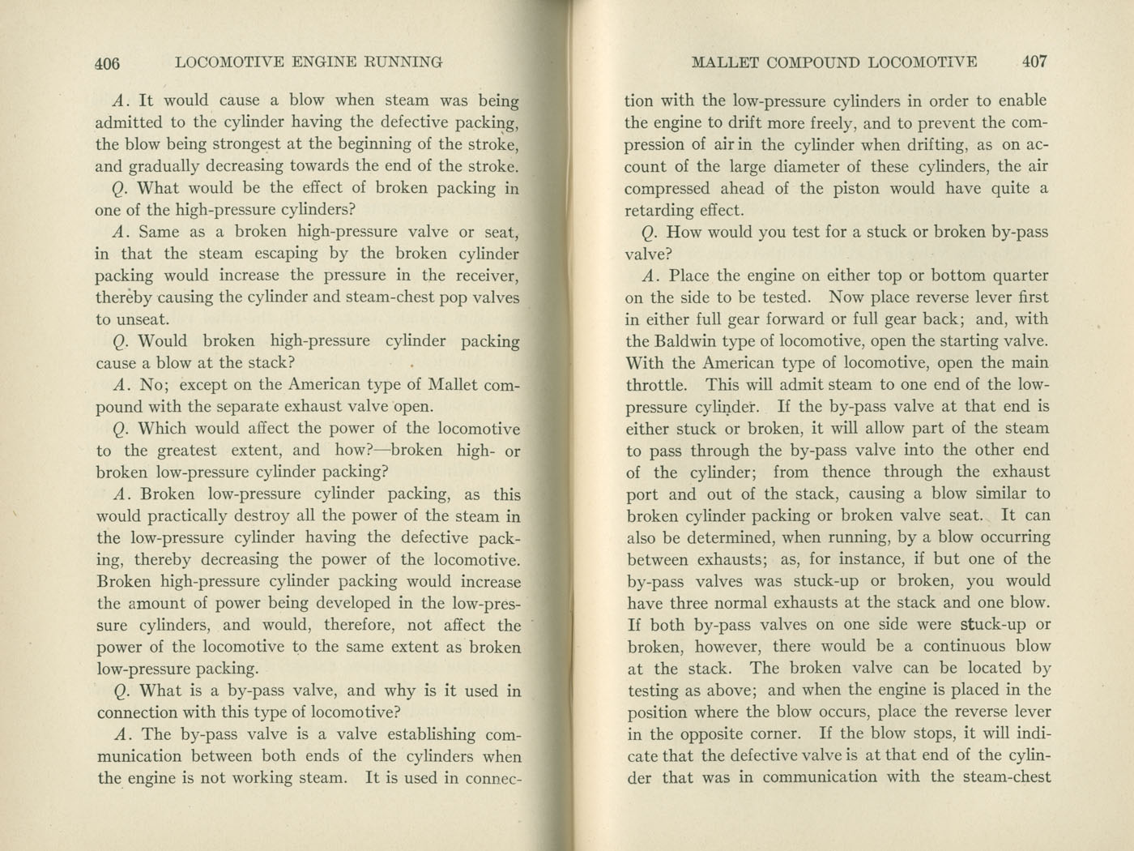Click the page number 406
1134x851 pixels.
(x=107, y=62)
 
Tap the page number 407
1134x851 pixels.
(x=1034, y=62)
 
